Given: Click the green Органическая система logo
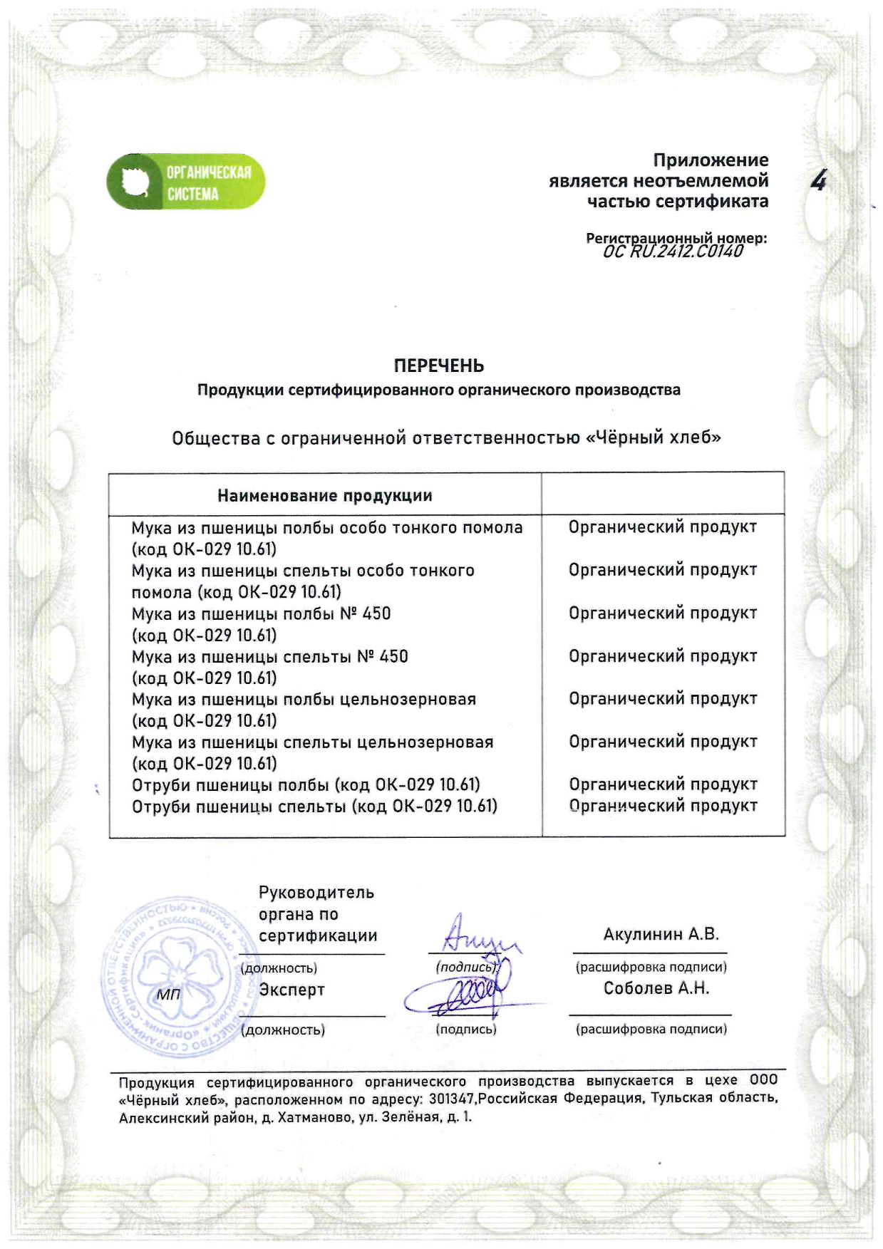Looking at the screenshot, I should pyautogui.click(x=185, y=182).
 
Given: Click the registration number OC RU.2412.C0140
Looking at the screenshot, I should pyautogui.click(x=672, y=251).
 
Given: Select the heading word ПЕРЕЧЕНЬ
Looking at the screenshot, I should pyautogui.click(x=439, y=366).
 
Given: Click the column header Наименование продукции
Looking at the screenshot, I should pyautogui.click(x=324, y=496).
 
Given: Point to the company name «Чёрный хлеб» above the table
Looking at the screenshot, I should pyautogui.click(x=653, y=437).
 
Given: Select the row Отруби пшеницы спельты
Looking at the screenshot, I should pyautogui.click(x=314, y=807).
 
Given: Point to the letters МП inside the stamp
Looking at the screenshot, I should pyautogui.click(x=169, y=995).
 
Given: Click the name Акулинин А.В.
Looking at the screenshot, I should pyautogui.click(x=661, y=934).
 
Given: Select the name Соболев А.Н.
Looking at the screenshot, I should pyautogui.click(x=656, y=988).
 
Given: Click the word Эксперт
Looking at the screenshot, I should pyautogui.click(x=291, y=990).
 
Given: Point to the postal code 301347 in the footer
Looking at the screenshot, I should pyautogui.click(x=452, y=1099).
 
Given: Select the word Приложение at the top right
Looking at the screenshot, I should pyautogui.click(x=711, y=160).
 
